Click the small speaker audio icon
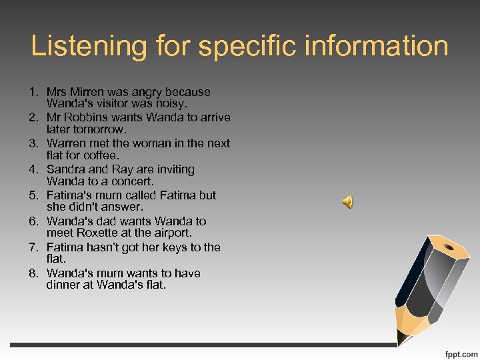[348, 202]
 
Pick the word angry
[151, 92]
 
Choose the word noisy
[170, 104]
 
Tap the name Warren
[66, 144]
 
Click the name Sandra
[66, 170]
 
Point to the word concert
[131, 182]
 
